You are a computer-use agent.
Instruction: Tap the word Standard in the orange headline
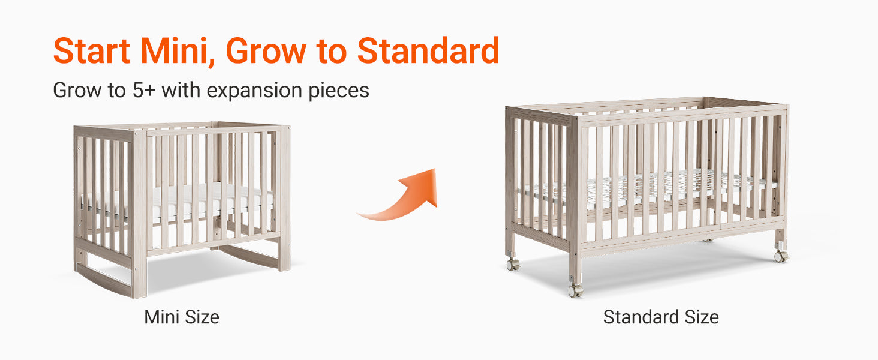428,50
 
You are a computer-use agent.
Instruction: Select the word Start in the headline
92,51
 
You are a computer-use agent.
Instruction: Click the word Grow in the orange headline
266,51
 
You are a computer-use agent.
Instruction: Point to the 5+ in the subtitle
144,90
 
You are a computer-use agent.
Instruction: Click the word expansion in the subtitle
254,91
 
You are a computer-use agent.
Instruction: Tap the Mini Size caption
182,317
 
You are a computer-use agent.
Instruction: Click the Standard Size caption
661,317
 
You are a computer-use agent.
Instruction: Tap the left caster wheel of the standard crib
513,265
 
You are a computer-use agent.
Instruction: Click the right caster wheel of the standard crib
780,256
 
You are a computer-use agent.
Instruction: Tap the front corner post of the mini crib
140,214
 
